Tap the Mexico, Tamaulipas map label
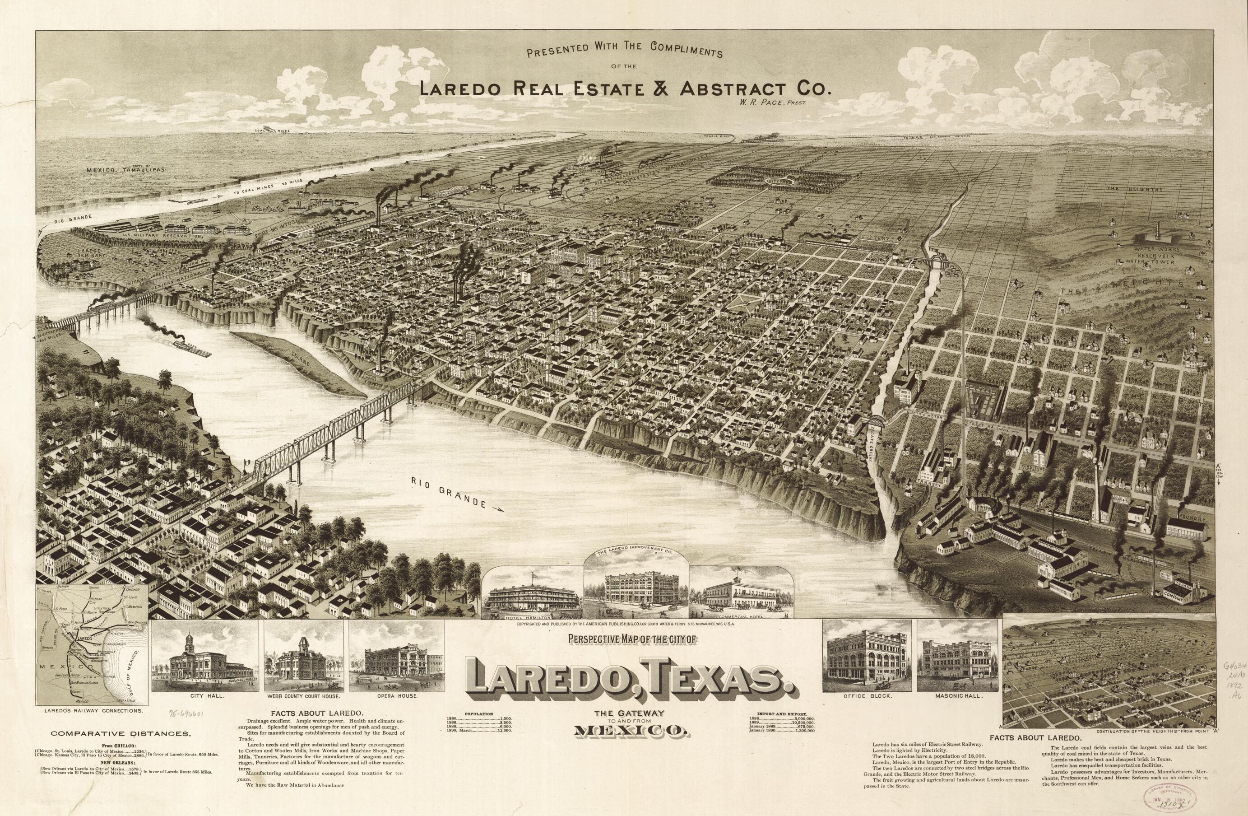126,170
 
